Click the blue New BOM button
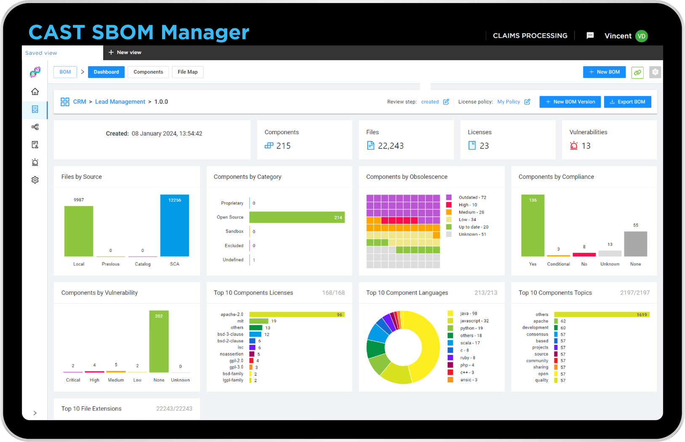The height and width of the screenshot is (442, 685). [x=604, y=72]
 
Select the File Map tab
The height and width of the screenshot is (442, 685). [x=187, y=72]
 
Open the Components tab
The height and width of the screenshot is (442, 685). [x=148, y=72]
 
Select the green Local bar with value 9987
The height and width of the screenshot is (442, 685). [x=79, y=232]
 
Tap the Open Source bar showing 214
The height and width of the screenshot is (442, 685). [x=297, y=217]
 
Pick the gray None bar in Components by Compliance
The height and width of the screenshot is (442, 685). [x=635, y=244]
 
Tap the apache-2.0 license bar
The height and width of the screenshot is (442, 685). [x=297, y=314]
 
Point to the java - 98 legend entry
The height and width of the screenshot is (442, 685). [x=468, y=314]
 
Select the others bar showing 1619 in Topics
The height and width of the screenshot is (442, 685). [x=601, y=314]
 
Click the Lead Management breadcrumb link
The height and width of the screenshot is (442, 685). [x=120, y=102]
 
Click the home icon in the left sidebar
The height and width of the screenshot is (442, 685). [x=35, y=91]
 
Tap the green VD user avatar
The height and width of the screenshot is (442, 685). [x=641, y=36]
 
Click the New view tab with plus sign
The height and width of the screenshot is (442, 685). [x=125, y=53]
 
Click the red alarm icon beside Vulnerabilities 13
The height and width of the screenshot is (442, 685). [x=573, y=146]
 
